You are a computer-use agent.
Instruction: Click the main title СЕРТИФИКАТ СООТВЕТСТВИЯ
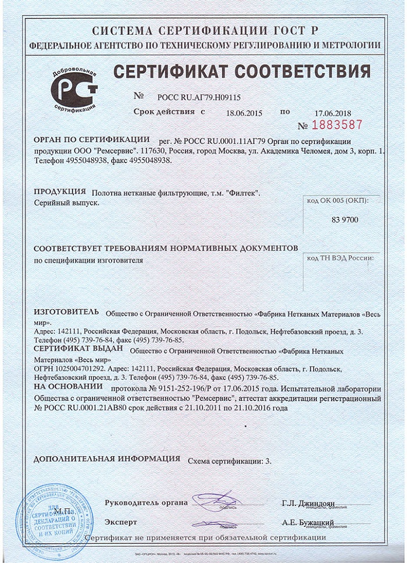(241, 72)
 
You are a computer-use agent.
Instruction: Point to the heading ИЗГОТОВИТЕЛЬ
(66, 312)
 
